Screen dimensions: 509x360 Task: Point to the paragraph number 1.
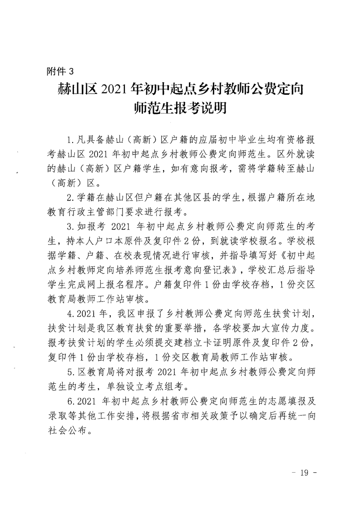pos(69,138)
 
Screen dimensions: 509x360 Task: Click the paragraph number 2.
pos(69,197)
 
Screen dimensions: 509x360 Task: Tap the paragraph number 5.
pos(69,372)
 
